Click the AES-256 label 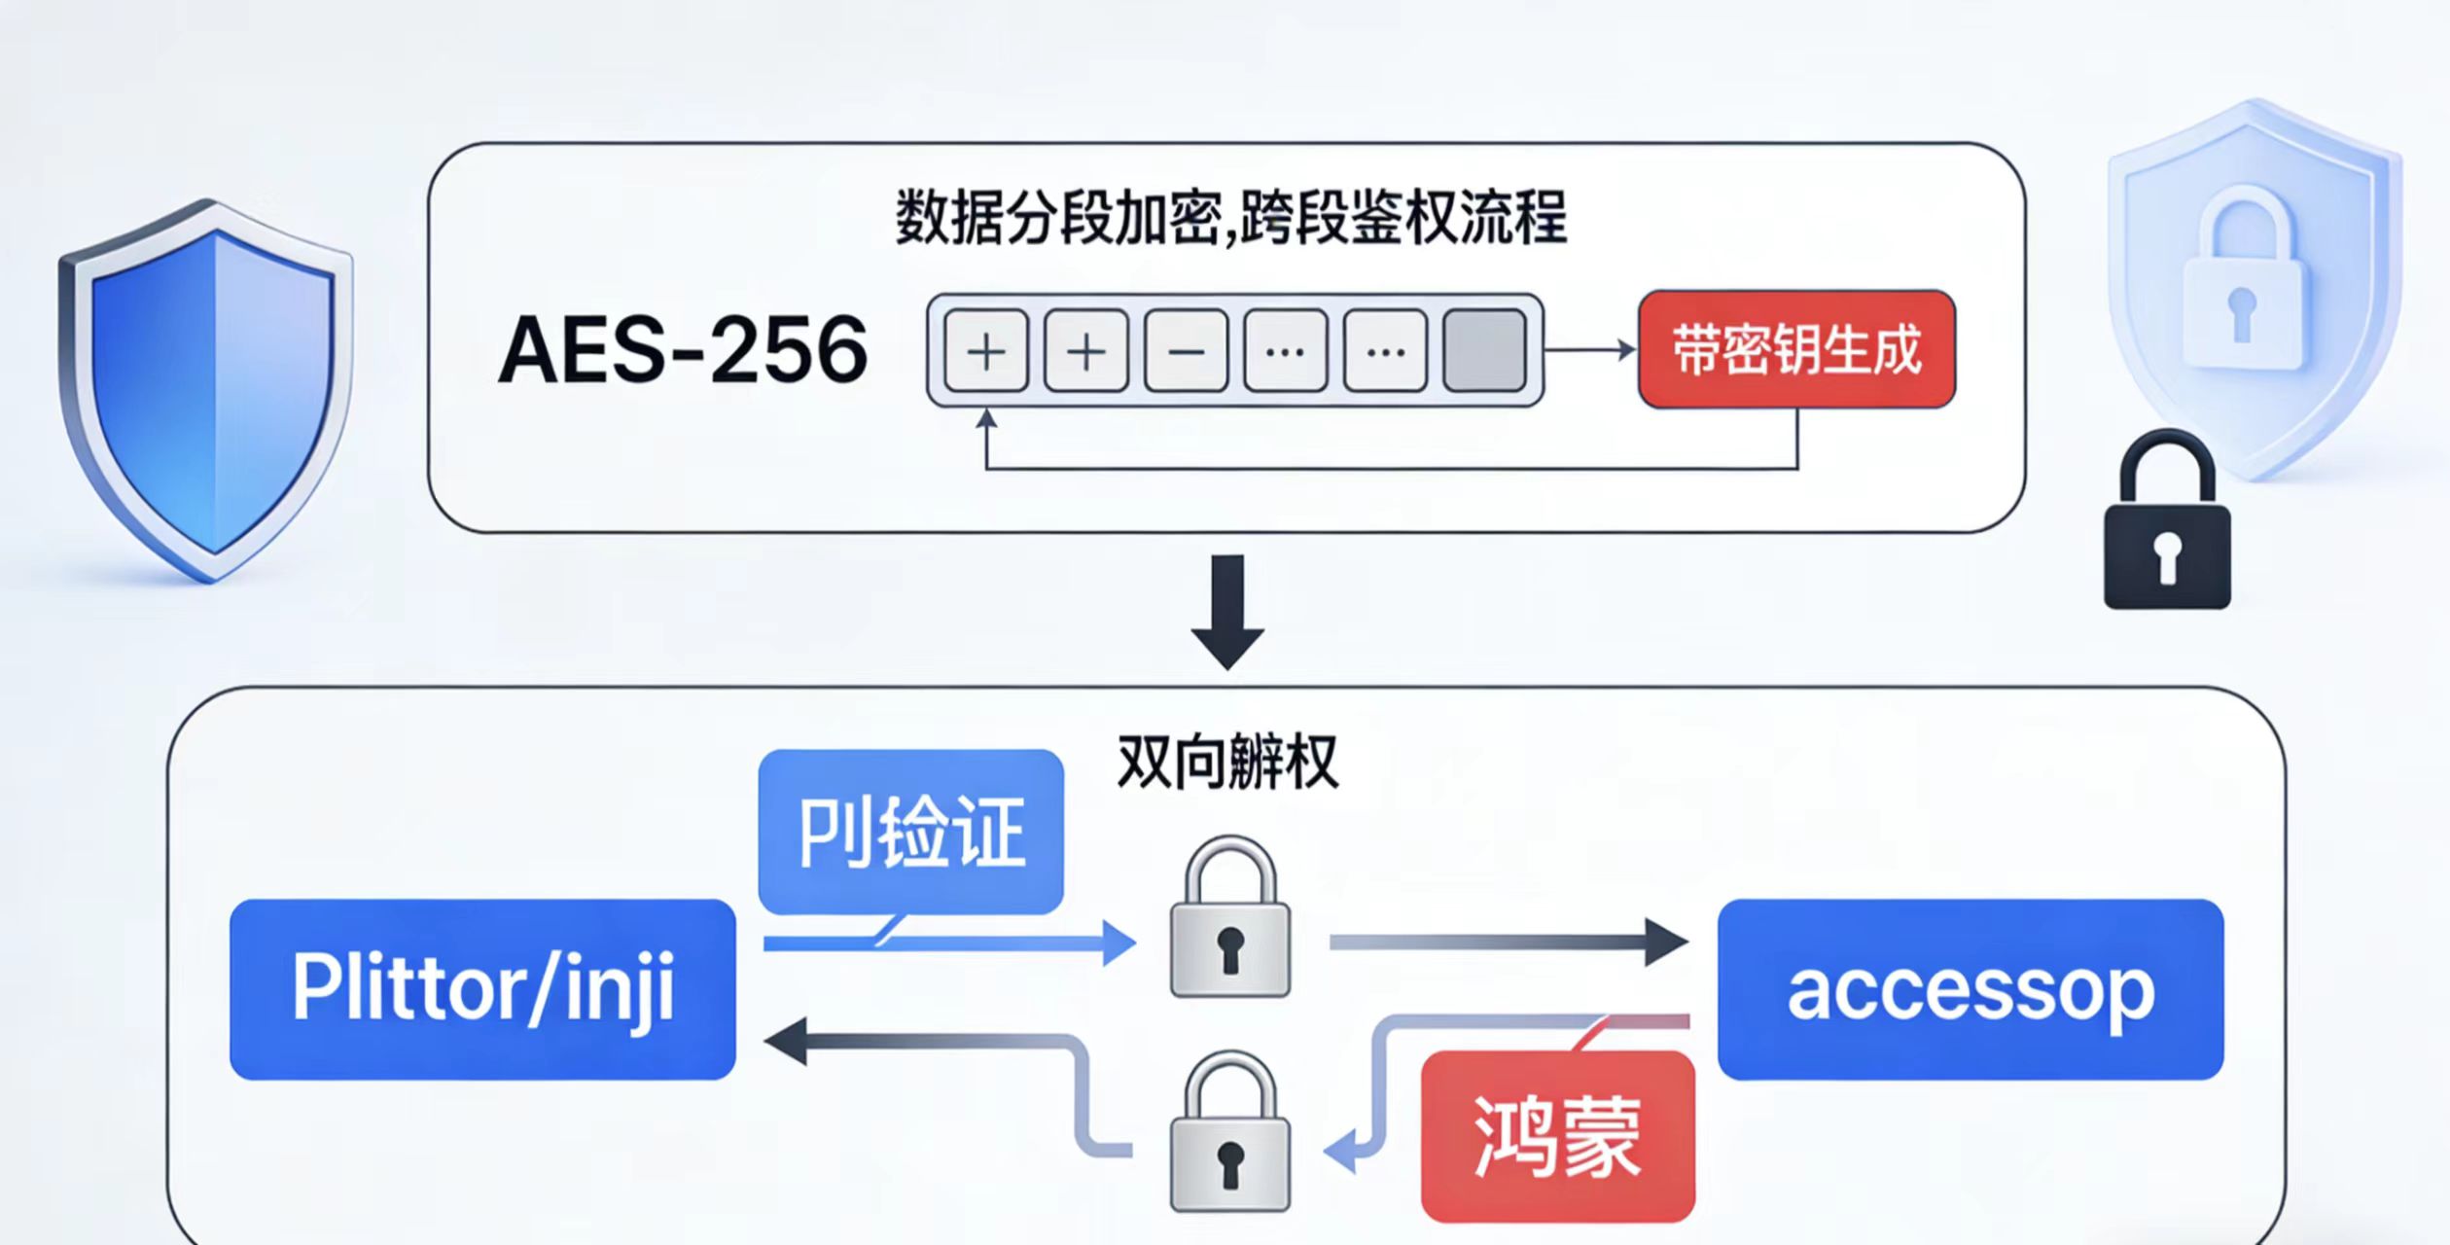click(682, 350)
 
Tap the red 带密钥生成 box click(1796, 349)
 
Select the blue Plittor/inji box click(482, 989)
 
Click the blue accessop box click(1970, 989)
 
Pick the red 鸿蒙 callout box click(1557, 1136)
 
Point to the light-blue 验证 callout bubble click(910, 832)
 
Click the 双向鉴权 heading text click(1227, 763)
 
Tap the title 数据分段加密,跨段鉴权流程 click(1230, 218)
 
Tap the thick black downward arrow click(1227, 612)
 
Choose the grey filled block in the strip click(1484, 350)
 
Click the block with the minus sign click(1186, 350)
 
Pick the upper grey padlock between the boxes click(1229, 919)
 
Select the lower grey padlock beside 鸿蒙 click(1229, 1133)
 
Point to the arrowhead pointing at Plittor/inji click(786, 1041)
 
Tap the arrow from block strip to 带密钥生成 click(1590, 349)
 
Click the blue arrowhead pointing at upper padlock click(1118, 943)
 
